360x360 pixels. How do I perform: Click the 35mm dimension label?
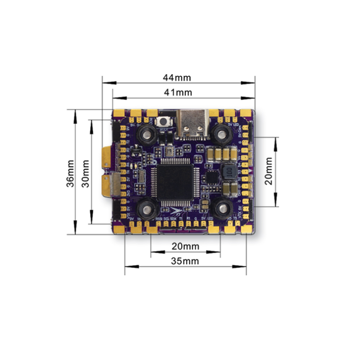(x=185, y=261)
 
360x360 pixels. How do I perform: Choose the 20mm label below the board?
(x=185, y=246)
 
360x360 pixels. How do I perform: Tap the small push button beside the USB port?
(x=165, y=122)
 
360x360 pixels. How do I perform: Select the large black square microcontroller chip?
(x=175, y=182)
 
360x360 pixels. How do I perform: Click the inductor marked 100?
(x=228, y=172)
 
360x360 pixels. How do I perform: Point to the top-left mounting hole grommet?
(x=147, y=132)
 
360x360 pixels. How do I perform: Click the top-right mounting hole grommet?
(x=221, y=132)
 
